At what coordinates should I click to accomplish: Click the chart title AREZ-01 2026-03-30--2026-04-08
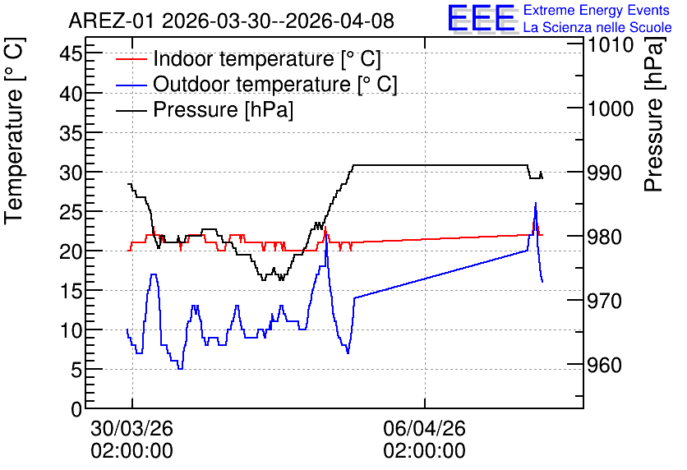click(232, 21)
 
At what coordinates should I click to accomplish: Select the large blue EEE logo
click(482, 18)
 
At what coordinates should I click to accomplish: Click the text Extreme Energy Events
click(597, 10)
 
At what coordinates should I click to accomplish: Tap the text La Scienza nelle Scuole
click(597, 27)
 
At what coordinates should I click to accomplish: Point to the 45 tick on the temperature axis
click(71, 54)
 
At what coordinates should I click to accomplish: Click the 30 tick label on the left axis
click(71, 173)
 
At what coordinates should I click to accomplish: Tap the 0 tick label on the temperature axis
click(76, 409)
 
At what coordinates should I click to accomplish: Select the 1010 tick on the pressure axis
click(611, 44)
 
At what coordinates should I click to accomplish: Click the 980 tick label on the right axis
click(604, 237)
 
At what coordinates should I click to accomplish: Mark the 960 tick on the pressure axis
click(604, 365)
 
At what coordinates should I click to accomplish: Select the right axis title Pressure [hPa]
click(654, 114)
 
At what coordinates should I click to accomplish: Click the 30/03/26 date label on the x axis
click(131, 428)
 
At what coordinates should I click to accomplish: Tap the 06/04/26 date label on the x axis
click(425, 428)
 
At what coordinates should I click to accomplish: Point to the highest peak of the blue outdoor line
click(536, 203)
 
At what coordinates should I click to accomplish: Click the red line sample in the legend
click(131, 58)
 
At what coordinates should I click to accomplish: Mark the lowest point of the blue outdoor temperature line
click(181, 369)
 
